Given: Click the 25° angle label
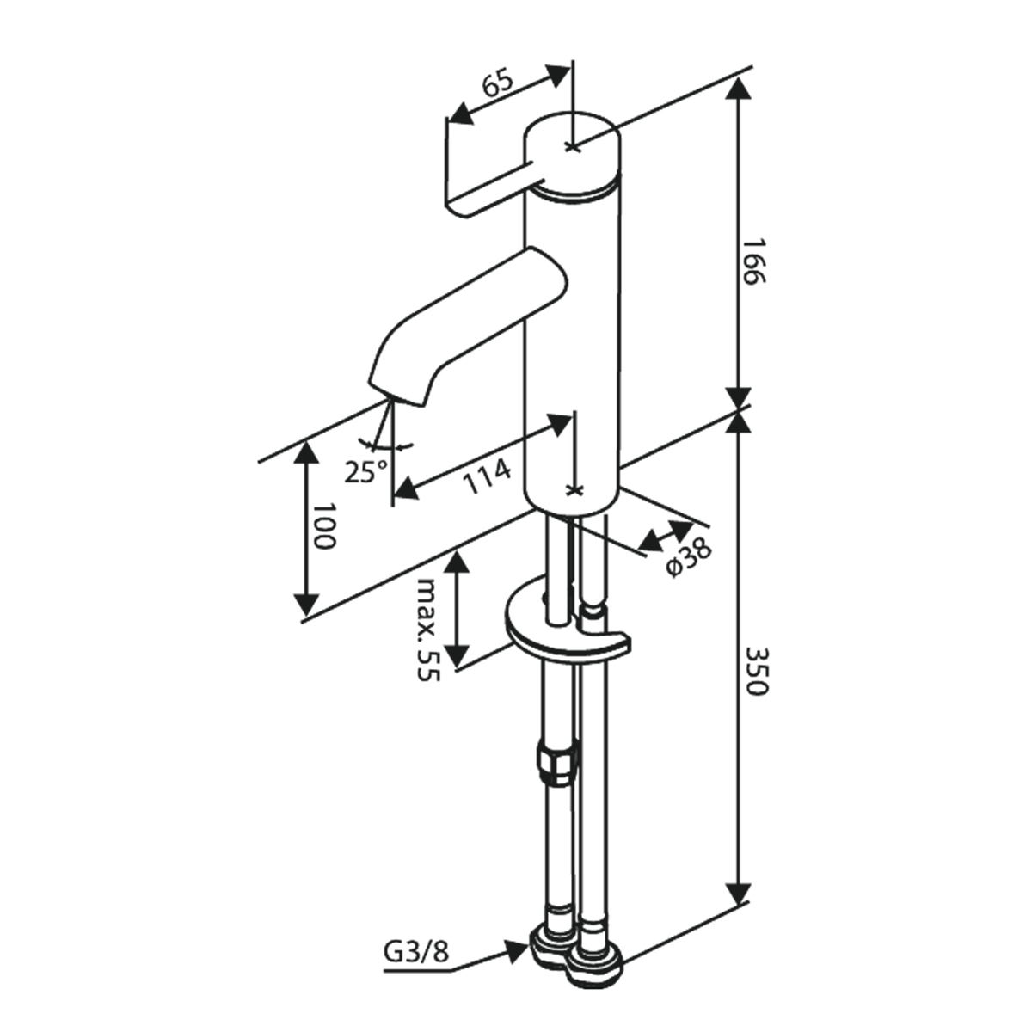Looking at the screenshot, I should [x=365, y=471].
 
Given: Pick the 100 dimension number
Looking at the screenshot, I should [x=322, y=527].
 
